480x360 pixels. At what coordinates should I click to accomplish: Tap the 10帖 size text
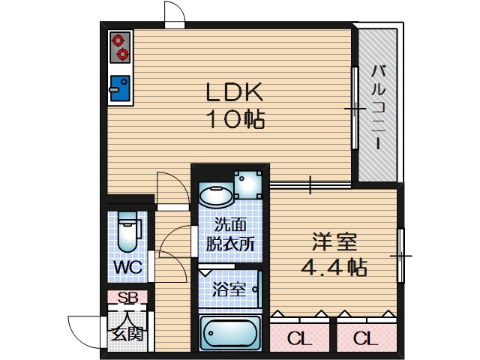click(235, 118)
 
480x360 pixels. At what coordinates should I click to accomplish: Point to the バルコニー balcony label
click(378, 107)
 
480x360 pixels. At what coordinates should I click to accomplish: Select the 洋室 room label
click(334, 242)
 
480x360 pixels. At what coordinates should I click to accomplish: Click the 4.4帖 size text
click(334, 267)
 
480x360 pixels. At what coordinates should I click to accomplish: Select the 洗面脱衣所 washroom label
click(231, 234)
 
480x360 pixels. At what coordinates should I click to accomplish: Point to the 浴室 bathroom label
click(228, 289)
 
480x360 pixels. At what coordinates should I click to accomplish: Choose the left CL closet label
click(300, 337)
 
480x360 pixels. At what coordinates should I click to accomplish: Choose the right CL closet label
click(365, 337)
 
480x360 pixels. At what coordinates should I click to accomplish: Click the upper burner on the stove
click(121, 40)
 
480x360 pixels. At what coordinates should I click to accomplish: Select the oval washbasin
click(216, 195)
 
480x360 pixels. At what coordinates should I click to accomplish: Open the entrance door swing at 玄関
click(84, 330)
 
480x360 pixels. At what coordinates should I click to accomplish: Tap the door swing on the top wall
click(174, 13)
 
